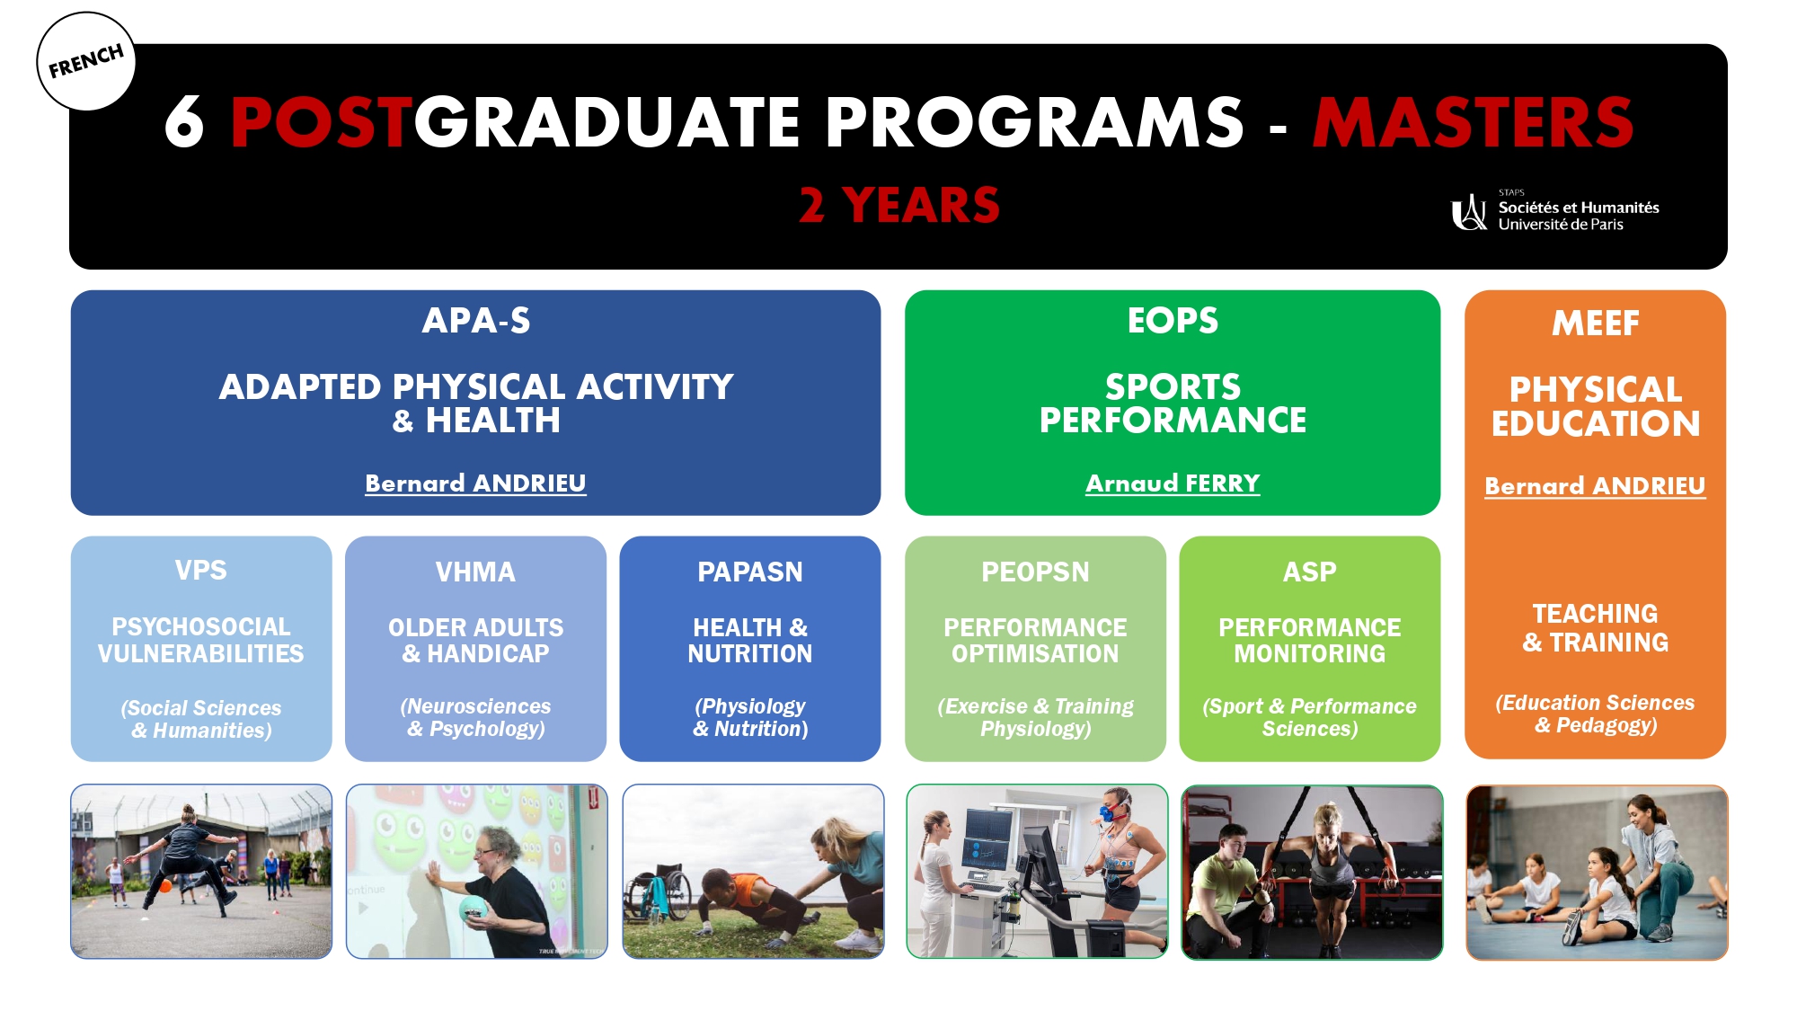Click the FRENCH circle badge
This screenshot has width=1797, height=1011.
86,62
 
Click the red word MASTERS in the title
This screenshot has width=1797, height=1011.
1473,122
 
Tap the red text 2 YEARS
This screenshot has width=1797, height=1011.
899,205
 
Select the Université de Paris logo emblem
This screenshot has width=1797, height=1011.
1469,212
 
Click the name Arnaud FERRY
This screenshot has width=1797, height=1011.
1173,483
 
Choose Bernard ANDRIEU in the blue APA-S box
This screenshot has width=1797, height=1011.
475,483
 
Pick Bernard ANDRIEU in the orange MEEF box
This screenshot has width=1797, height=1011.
1595,486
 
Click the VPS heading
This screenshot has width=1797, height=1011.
201,570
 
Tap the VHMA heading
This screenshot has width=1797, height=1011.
475,572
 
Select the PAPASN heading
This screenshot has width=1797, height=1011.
750,572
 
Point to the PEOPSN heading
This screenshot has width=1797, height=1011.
1035,572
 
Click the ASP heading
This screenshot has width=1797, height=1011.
1310,572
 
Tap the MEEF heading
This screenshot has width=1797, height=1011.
1596,324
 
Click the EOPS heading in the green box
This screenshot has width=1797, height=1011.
1173,321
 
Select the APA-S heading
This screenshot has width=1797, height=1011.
476,321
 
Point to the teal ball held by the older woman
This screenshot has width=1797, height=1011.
474,909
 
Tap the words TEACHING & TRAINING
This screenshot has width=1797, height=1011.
1596,628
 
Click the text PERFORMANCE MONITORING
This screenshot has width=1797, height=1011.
1310,640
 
